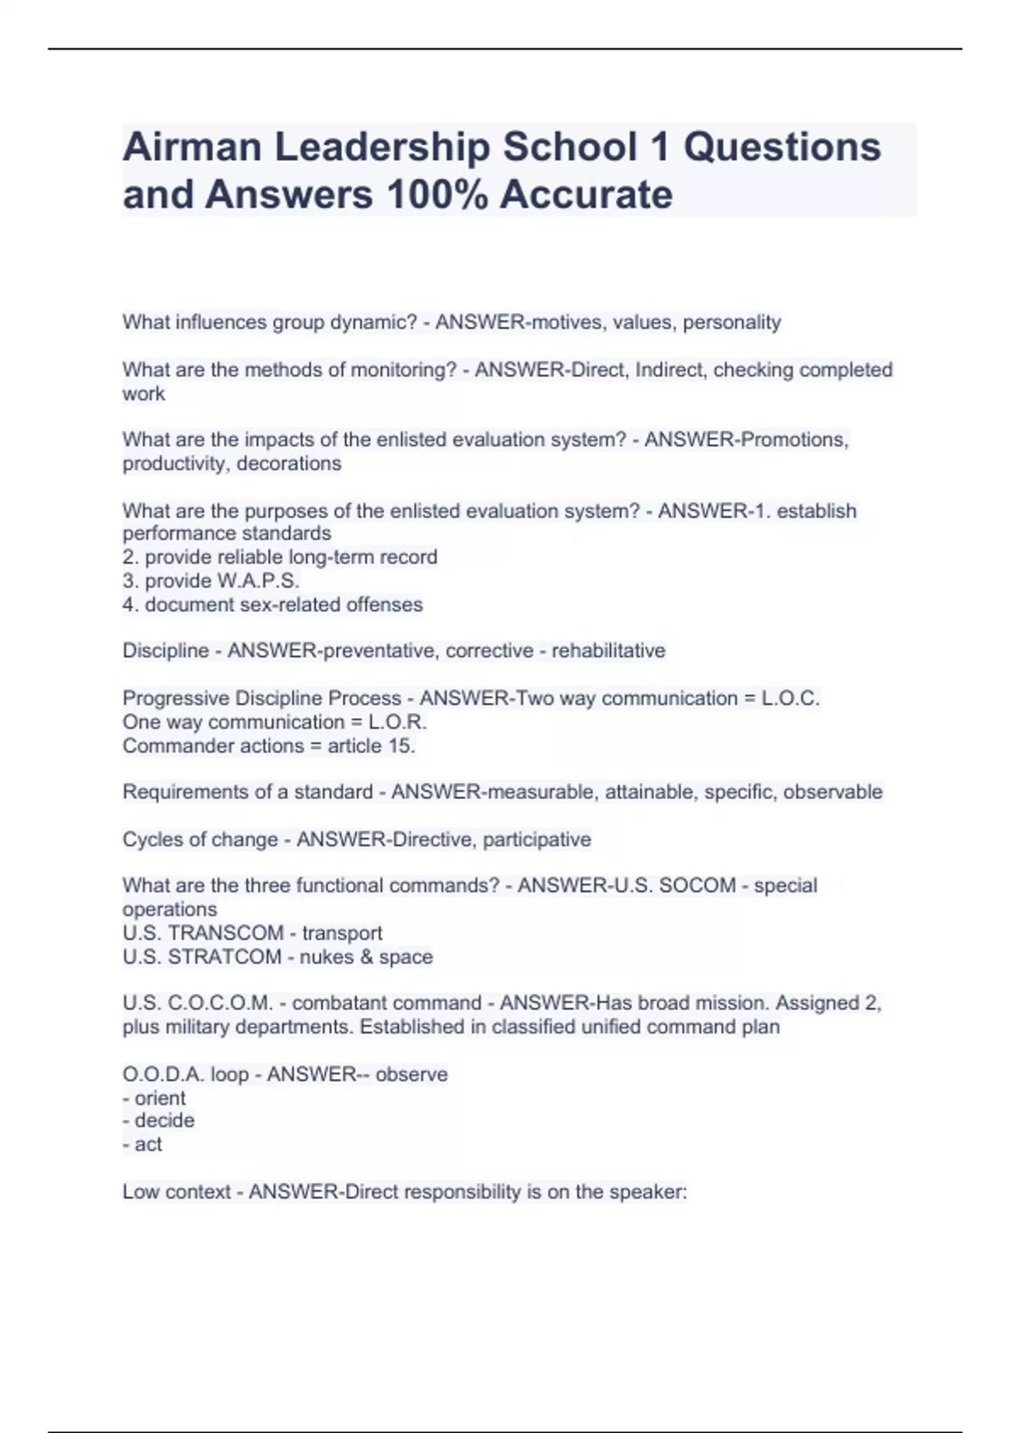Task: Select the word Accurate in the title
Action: [x=586, y=195]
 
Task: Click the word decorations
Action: [x=289, y=464]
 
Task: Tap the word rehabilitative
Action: [x=608, y=651]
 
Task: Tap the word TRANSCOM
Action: [x=226, y=933]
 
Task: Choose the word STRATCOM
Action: [x=225, y=957]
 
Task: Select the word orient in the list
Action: [x=160, y=1098]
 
